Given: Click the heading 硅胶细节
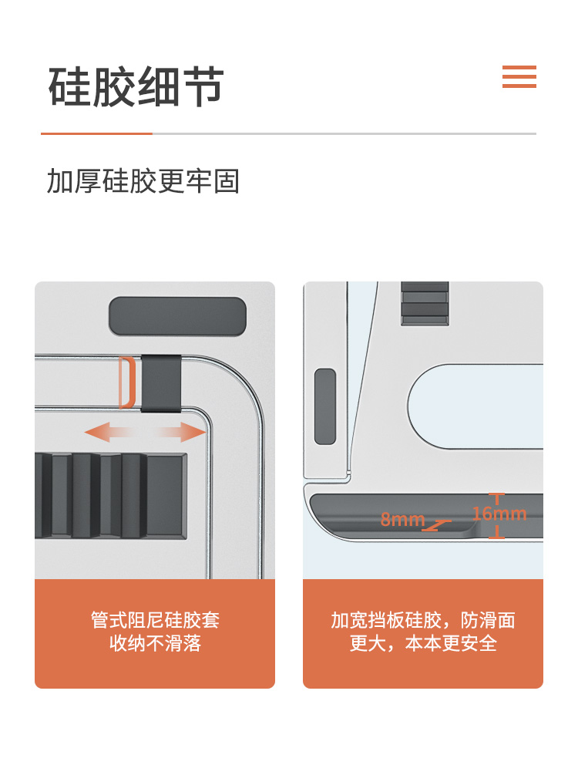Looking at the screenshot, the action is [x=136, y=86].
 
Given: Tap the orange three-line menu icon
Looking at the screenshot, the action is [x=519, y=76].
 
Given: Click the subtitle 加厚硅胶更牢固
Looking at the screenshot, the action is [x=143, y=181].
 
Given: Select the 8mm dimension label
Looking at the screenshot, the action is [x=402, y=519].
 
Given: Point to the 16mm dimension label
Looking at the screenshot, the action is [x=499, y=514].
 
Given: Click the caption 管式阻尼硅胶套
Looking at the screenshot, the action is [x=155, y=620].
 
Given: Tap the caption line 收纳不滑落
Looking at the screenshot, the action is [x=155, y=643].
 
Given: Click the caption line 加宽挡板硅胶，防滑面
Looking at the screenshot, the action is [x=423, y=620].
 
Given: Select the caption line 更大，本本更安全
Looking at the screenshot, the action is [x=423, y=643].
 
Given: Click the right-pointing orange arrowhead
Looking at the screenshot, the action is [x=193, y=433].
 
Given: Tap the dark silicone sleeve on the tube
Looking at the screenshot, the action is [x=161, y=383].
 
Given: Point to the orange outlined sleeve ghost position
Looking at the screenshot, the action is [x=127, y=382].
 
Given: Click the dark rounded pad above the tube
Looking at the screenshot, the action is [x=177, y=316].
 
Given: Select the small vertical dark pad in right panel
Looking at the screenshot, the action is [x=325, y=406].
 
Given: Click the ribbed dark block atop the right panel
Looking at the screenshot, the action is [x=425, y=303].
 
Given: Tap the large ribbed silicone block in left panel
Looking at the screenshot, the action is [x=111, y=496].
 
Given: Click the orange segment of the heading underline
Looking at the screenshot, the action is [x=96, y=133].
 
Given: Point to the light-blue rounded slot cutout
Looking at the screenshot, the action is [x=476, y=406].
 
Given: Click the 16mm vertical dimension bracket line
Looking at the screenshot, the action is [x=497, y=516].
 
